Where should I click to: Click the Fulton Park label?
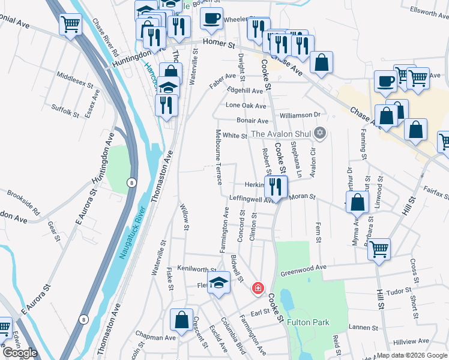coord(308,322)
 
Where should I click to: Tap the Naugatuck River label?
coord(131,233)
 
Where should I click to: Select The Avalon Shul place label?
coord(282,133)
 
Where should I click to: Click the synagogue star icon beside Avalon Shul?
coord(320,133)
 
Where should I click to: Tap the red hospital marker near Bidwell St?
coord(258,289)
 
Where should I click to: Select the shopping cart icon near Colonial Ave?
coord(71,25)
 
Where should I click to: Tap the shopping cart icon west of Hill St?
coord(379,249)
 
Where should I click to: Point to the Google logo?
coord(20,352)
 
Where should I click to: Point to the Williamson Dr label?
coord(300,115)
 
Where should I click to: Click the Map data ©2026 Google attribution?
coord(411,355)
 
